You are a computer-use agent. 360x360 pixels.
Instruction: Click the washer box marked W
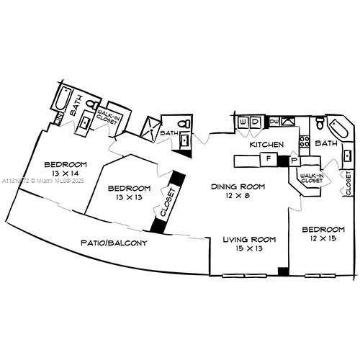[x=243, y=123]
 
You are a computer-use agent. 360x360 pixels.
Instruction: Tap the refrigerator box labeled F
[x=268, y=158]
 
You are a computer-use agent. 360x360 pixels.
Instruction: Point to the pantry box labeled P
[x=294, y=160]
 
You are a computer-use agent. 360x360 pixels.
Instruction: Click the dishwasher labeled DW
[x=274, y=121]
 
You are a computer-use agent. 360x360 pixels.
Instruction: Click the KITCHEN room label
[x=264, y=144]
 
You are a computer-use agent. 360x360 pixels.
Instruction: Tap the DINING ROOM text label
[x=237, y=187]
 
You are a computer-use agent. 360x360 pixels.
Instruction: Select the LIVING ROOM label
[x=249, y=239]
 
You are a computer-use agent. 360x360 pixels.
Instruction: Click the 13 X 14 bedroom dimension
[x=66, y=174]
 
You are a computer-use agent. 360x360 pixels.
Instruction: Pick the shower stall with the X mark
[x=152, y=128]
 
